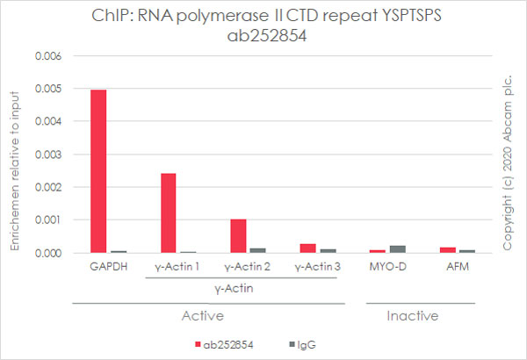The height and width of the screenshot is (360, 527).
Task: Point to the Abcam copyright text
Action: [x=509, y=154]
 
